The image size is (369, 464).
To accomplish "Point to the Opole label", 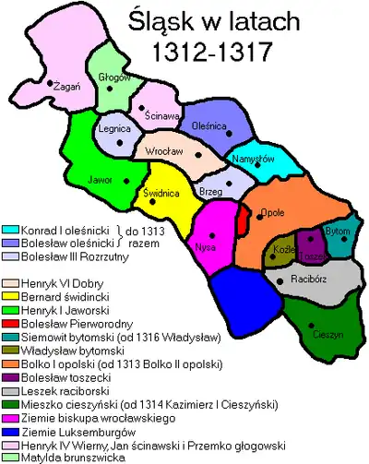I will [x=274, y=211].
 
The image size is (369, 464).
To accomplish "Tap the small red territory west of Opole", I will [x=243, y=220].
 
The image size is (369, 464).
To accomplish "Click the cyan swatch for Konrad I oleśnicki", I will [x=13, y=229].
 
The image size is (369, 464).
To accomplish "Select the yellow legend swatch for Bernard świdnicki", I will [x=13, y=297].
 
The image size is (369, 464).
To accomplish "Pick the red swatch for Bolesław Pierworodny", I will [x=13, y=324].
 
